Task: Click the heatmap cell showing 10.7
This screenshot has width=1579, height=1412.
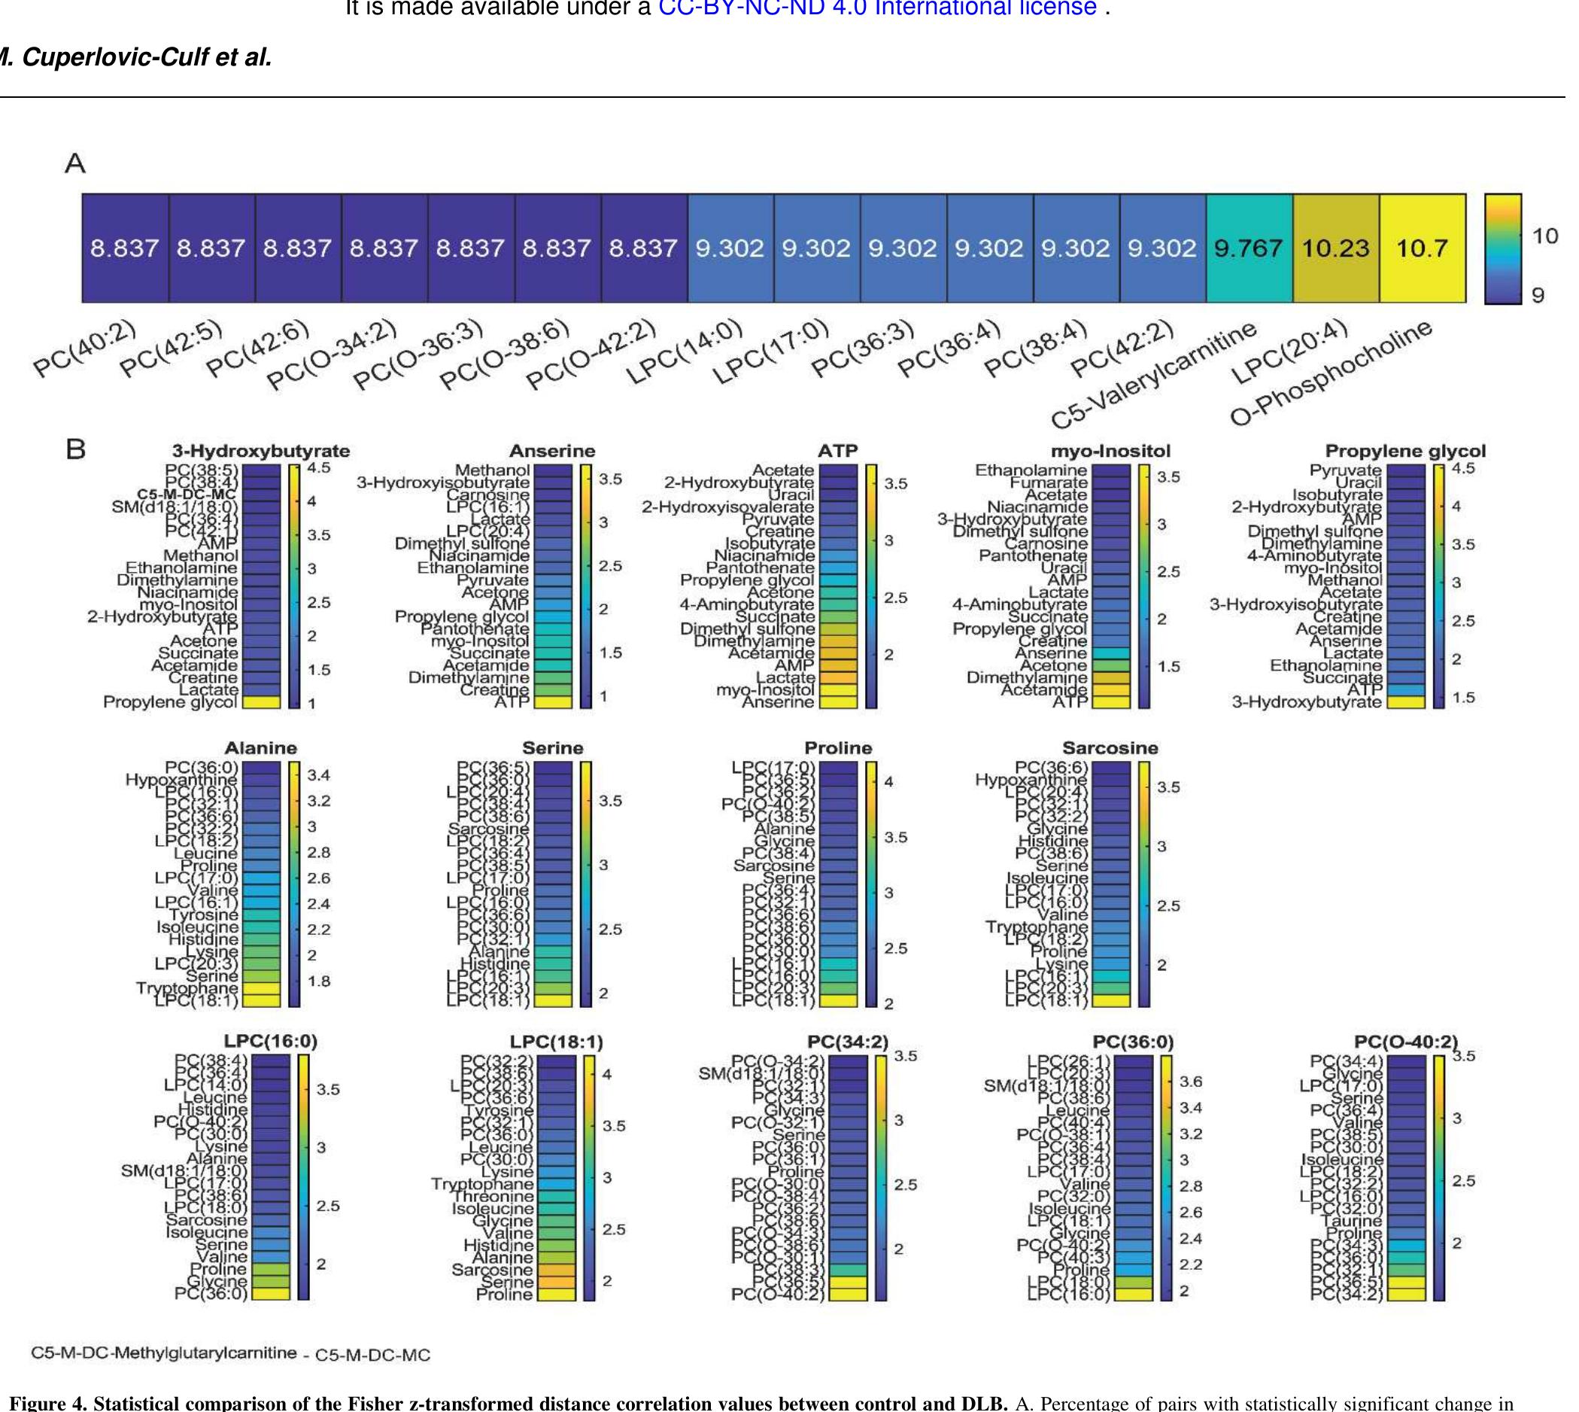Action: click(x=1422, y=248)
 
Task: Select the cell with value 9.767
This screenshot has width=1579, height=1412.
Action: click(x=1249, y=248)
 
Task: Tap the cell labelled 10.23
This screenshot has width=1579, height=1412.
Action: click(x=1335, y=248)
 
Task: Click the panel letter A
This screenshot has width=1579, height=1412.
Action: click(x=75, y=163)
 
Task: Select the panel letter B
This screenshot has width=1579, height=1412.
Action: click(x=75, y=450)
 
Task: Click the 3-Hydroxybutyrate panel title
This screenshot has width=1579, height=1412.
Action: click(x=260, y=451)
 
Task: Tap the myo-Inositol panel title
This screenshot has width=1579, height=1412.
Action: click(x=1110, y=451)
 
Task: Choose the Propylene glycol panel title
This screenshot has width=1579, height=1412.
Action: click(x=1405, y=451)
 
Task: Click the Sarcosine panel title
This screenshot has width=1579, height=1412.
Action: click(x=1110, y=748)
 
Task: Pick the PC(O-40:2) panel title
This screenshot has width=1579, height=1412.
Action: click(x=1406, y=1042)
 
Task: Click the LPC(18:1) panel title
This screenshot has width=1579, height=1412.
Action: click(x=556, y=1042)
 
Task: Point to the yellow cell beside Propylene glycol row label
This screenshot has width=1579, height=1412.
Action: click(x=260, y=702)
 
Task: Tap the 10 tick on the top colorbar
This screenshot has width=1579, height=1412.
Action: click(x=1545, y=235)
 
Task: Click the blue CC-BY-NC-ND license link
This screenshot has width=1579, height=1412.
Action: click(x=876, y=8)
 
